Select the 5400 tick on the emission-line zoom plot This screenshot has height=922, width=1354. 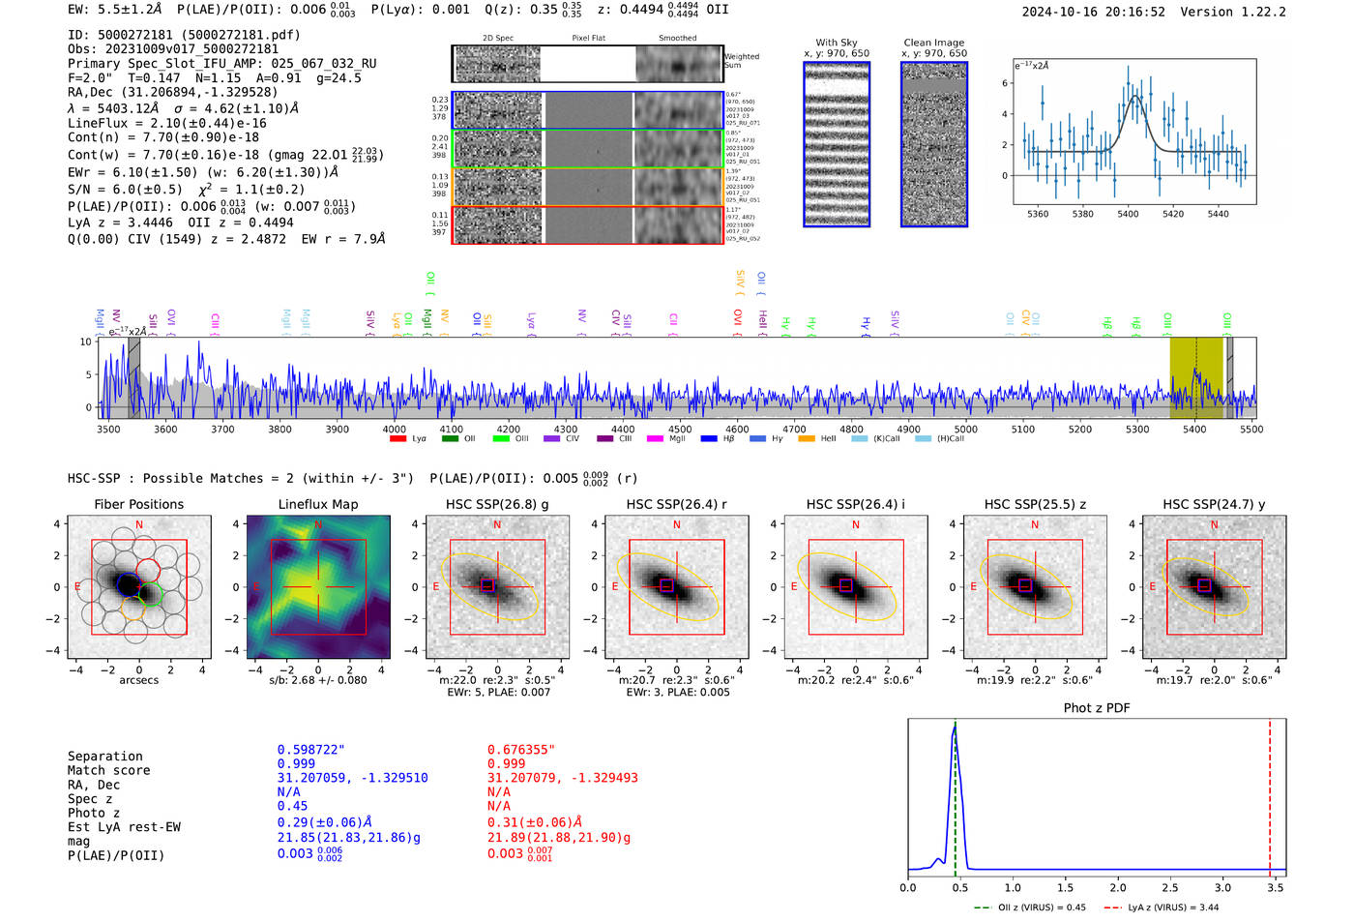[x=1128, y=214]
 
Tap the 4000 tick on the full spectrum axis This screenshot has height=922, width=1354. [x=394, y=429]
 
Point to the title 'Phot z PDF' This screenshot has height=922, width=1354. [x=1097, y=708]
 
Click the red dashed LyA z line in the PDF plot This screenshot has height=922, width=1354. [x=1270, y=793]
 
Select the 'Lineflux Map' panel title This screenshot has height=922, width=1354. [x=318, y=504]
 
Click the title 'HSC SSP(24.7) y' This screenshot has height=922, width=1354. [x=1214, y=504]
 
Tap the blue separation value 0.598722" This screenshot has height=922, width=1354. [x=311, y=750]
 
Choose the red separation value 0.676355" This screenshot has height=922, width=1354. [x=521, y=750]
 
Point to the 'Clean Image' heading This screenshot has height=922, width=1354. [x=933, y=43]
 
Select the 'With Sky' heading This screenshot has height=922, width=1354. [x=837, y=43]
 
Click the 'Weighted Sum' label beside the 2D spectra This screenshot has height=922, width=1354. [x=742, y=61]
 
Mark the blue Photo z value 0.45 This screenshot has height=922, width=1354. [x=292, y=806]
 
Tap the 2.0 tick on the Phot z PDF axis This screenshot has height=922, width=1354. [x=1118, y=887]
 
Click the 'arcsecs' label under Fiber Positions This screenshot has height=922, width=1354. [x=139, y=680]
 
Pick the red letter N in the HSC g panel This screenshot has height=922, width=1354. [x=497, y=524]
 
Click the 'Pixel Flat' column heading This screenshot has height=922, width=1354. [x=588, y=38]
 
